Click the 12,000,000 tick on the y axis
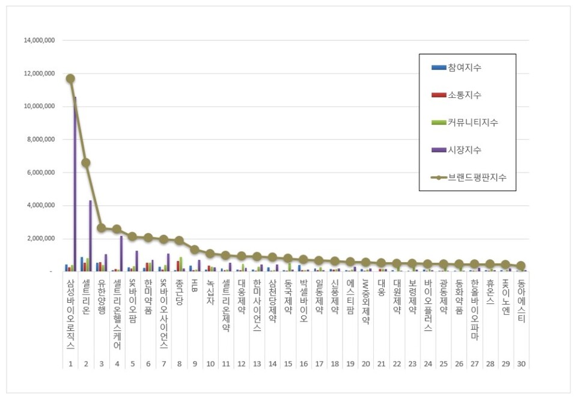tap(39, 74)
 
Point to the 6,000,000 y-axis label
tap(41, 172)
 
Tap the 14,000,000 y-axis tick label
tap(39, 41)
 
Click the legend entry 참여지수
tap(464, 67)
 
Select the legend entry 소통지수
tap(464, 95)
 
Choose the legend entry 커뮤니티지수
tap(472, 123)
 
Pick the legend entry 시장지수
tap(464, 150)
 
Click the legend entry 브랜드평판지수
tap(477, 177)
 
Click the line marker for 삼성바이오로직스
tap(70, 79)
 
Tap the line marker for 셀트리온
tap(86, 163)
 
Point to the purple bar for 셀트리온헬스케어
tap(122, 253)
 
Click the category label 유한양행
tap(102, 297)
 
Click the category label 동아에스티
tap(521, 302)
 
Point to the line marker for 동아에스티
tap(521, 266)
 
